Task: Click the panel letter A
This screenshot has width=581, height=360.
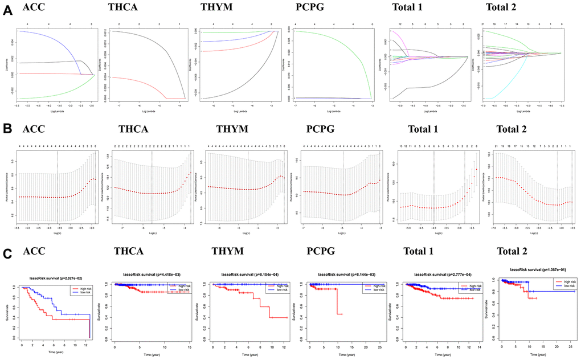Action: pyautogui.click(x=7, y=15)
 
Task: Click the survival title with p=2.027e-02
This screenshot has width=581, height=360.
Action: pyautogui.click(x=55, y=277)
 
